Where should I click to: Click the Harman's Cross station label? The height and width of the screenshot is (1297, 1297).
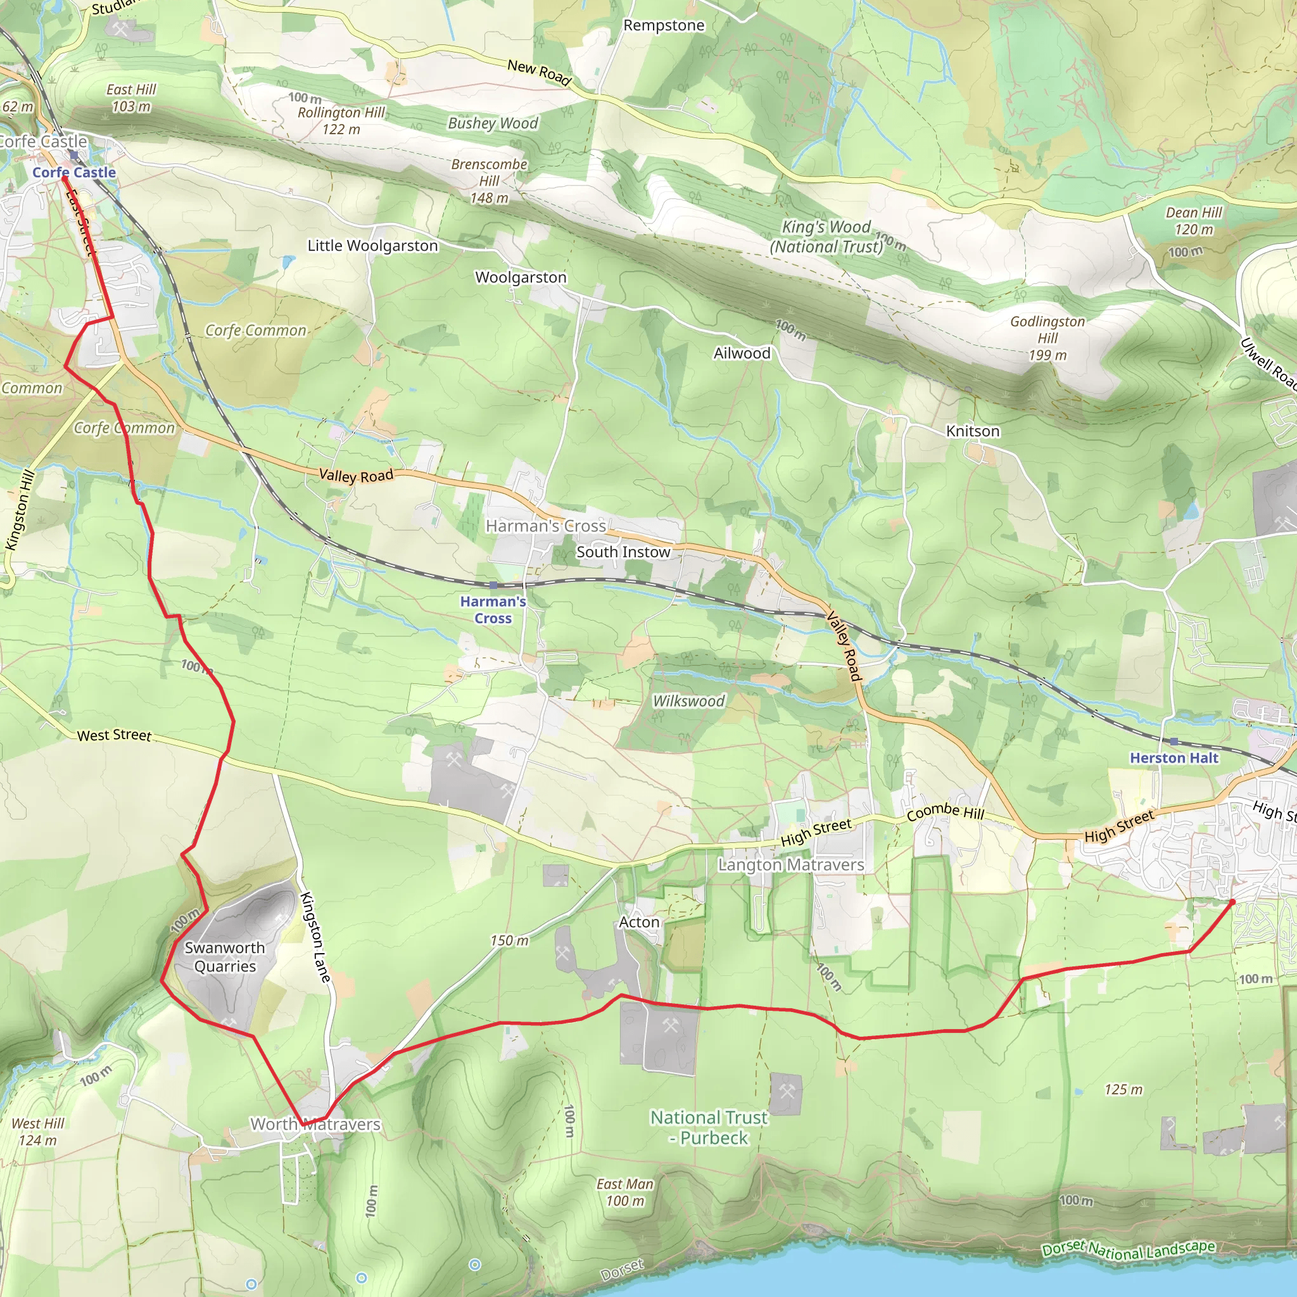pos(493,610)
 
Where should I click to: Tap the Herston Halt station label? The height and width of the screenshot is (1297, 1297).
pos(1174,758)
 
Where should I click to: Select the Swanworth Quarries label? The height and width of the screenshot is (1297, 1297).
pos(225,957)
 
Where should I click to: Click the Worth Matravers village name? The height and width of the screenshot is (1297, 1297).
pos(315,1124)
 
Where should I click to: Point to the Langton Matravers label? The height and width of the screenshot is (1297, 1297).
pos(791,864)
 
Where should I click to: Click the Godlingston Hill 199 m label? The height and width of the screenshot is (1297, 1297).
pos(1047,338)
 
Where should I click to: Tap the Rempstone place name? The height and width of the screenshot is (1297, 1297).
pos(663,25)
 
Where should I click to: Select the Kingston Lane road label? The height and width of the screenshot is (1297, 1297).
pos(315,938)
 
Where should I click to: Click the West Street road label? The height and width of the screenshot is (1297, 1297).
pos(114,735)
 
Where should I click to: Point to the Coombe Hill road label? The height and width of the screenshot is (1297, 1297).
pos(946,812)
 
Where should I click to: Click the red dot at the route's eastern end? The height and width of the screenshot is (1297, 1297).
pos(1232,902)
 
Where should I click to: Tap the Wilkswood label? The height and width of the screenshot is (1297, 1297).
pos(689,701)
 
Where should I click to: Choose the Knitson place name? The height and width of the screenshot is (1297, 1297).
pos(972,431)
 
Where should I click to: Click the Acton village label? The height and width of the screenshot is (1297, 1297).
pos(638,922)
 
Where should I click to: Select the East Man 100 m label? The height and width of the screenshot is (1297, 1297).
pos(624,1193)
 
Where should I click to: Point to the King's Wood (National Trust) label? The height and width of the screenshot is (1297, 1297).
pos(826,237)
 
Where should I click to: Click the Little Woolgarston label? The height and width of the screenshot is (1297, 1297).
pos(372,246)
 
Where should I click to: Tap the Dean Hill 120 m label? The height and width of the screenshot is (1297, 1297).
pos(1194,221)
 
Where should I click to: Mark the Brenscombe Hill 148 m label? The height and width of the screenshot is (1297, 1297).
pos(489,180)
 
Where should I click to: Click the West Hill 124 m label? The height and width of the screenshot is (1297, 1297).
pos(37,1132)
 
